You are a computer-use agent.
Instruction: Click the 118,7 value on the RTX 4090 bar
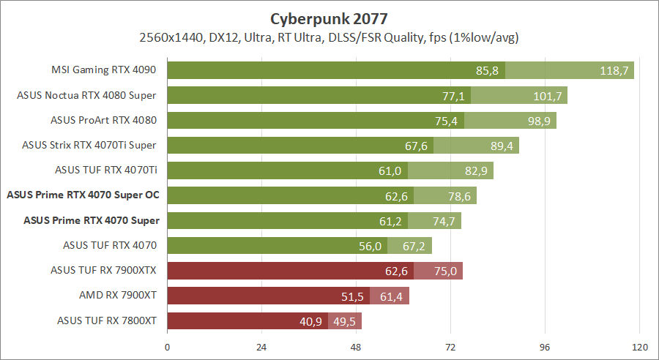pos(614,70)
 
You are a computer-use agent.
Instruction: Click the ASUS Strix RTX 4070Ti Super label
pos(89,145)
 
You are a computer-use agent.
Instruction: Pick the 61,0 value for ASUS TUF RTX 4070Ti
pos(391,170)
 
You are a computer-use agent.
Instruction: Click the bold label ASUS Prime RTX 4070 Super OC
pos(83,195)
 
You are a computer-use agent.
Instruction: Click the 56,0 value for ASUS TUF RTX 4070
pos(371,245)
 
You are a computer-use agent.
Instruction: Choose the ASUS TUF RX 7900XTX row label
pos(104,270)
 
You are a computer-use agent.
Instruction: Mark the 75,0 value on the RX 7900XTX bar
pos(444,270)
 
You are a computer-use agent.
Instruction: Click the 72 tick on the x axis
pos(451,346)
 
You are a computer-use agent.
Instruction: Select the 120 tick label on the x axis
pos(640,346)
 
